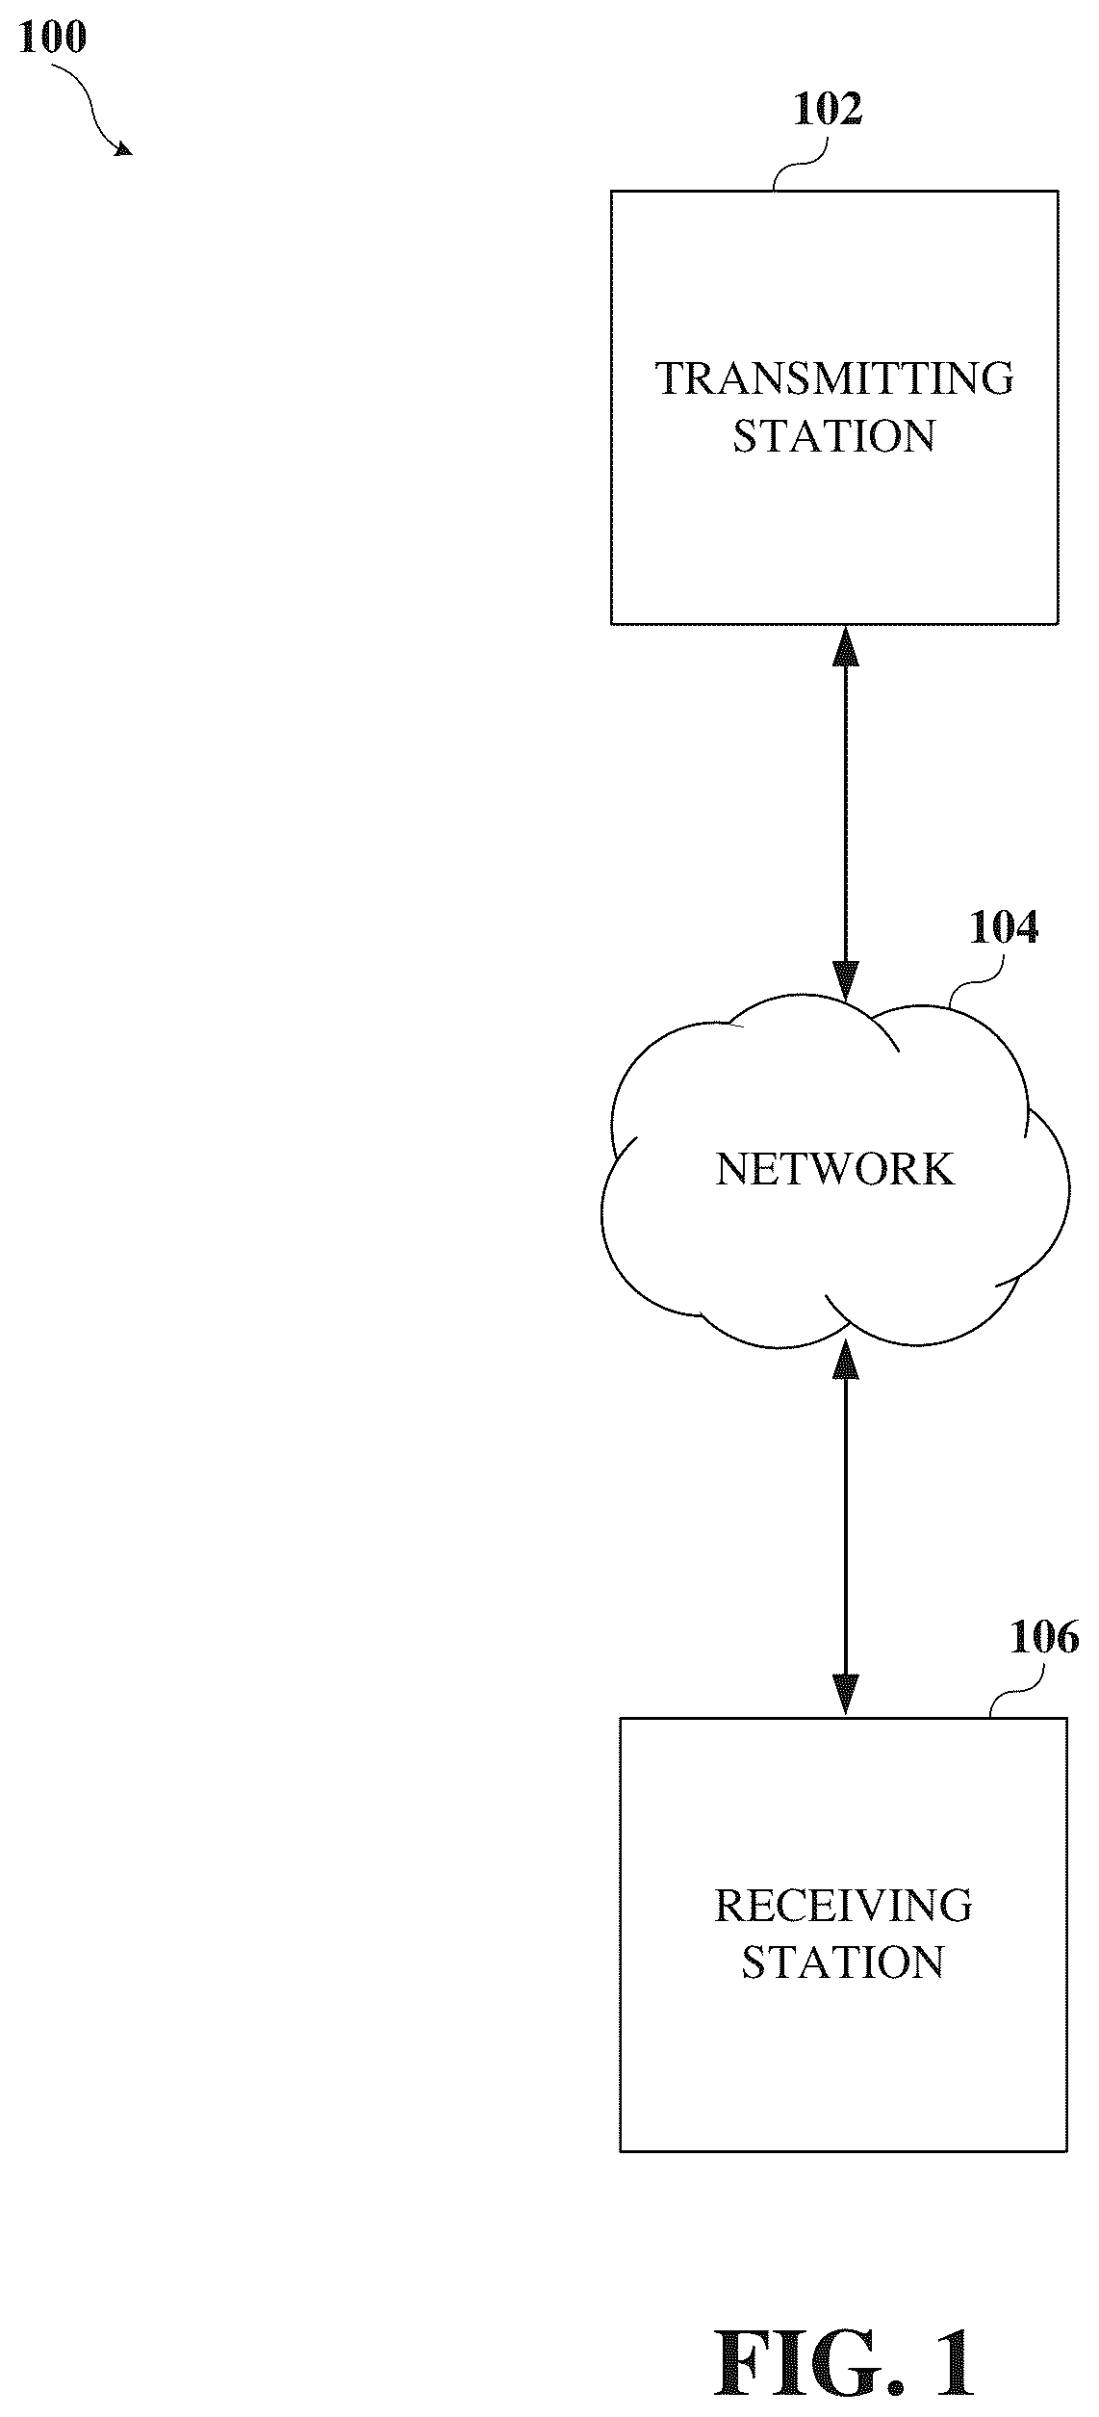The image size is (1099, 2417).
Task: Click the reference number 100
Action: coord(53,38)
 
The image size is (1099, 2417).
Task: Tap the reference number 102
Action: coord(828,110)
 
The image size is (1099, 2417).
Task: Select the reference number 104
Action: coord(1004,927)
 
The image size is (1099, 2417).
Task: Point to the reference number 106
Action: coord(1044,1637)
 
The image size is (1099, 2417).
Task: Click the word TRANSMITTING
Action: coord(834,378)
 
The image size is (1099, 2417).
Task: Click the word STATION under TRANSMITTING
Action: coord(834,436)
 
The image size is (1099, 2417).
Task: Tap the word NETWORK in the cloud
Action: coord(834,1169)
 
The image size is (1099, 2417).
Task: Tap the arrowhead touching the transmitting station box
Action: coord(845,645)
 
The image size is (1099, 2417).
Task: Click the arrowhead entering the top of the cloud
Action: coord(845,981)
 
